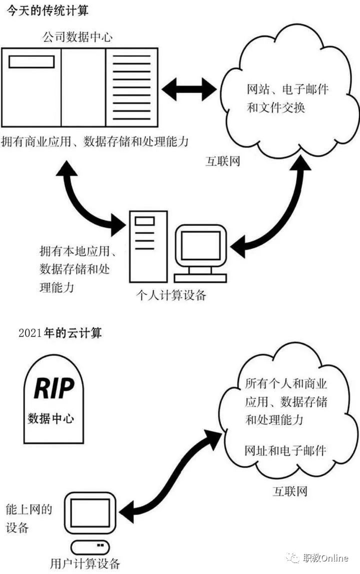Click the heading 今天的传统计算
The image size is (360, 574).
47,10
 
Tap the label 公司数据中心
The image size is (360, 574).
77,36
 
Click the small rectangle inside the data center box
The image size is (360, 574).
31,62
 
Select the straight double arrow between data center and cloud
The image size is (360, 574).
189,89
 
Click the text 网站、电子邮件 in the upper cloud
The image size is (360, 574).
287,89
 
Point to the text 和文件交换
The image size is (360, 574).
276,107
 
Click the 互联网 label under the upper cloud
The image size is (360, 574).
222,160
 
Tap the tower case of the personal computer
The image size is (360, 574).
148,246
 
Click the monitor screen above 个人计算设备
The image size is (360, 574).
199,245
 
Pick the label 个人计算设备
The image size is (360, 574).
171,295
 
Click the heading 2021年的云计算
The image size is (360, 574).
59,333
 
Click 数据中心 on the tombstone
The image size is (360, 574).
51,418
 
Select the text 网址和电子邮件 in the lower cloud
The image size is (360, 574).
285,450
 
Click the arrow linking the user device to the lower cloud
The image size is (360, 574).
172,474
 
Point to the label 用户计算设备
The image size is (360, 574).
85,563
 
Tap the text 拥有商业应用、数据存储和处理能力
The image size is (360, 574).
95,141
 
